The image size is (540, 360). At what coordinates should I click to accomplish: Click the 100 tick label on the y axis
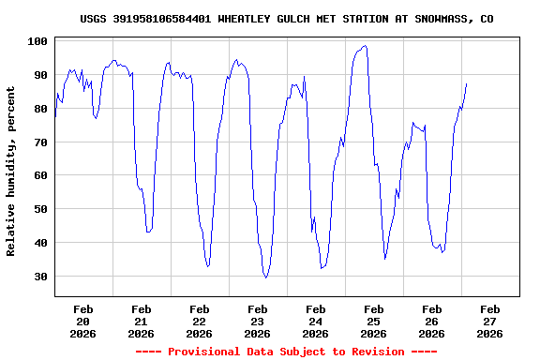[x=38, y=41]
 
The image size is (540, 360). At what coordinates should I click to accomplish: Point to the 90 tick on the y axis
[x=41, y=75]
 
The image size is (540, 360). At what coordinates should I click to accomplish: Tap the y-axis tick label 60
[x=41, y=175]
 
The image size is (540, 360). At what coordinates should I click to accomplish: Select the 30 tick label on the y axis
[x=41, y=277]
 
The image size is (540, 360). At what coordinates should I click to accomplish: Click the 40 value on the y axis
[x=41, y=243]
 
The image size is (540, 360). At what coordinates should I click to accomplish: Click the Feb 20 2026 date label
[x=83, y=321]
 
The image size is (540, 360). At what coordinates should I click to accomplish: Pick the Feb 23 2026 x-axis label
[x=258, y=321]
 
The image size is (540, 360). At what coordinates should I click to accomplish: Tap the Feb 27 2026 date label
[x=490, y=321]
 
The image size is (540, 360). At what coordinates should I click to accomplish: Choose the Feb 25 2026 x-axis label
[x=374, y=321]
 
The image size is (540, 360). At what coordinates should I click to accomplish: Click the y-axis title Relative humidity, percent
[x=12, y=171]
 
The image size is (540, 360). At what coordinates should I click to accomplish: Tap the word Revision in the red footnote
[x=375, y=352]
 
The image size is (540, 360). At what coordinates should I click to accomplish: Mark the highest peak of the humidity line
[x=364, y=45]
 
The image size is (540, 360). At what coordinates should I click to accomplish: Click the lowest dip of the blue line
[x=266, y=277]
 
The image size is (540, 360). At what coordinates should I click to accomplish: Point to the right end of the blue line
[x=467, y=83]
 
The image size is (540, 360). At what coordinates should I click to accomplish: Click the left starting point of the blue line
[x=54, y=117]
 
